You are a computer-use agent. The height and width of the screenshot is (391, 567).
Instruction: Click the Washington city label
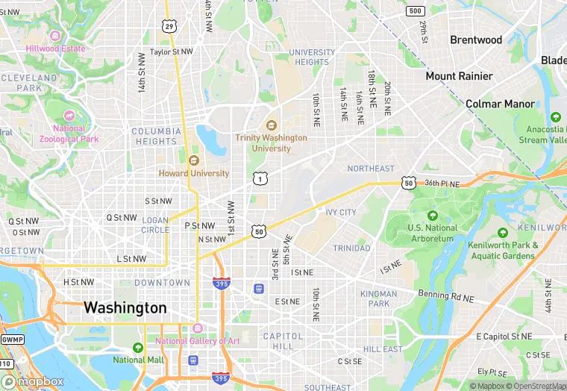125,307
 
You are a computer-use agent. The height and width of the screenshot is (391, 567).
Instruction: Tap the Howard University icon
194,160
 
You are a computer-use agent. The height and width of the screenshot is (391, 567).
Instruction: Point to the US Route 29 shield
170,26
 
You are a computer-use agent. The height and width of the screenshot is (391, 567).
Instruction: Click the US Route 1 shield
259,178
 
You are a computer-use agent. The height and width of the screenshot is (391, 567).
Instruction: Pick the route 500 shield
416,10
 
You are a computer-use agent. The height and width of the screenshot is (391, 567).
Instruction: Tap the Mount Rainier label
459,76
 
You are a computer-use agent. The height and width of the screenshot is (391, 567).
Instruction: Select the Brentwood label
476,40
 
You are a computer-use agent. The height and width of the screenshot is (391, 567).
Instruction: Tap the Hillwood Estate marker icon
54,35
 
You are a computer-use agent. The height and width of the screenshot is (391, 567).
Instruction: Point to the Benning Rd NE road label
446,297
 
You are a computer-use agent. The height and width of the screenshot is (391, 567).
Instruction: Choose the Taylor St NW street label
172,52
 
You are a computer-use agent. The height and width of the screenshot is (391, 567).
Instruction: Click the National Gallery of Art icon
197,328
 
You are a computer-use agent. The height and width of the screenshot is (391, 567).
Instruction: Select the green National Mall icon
137,348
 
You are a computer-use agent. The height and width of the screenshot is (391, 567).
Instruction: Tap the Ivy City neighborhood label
341,213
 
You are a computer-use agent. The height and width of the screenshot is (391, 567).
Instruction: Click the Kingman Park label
379,298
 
